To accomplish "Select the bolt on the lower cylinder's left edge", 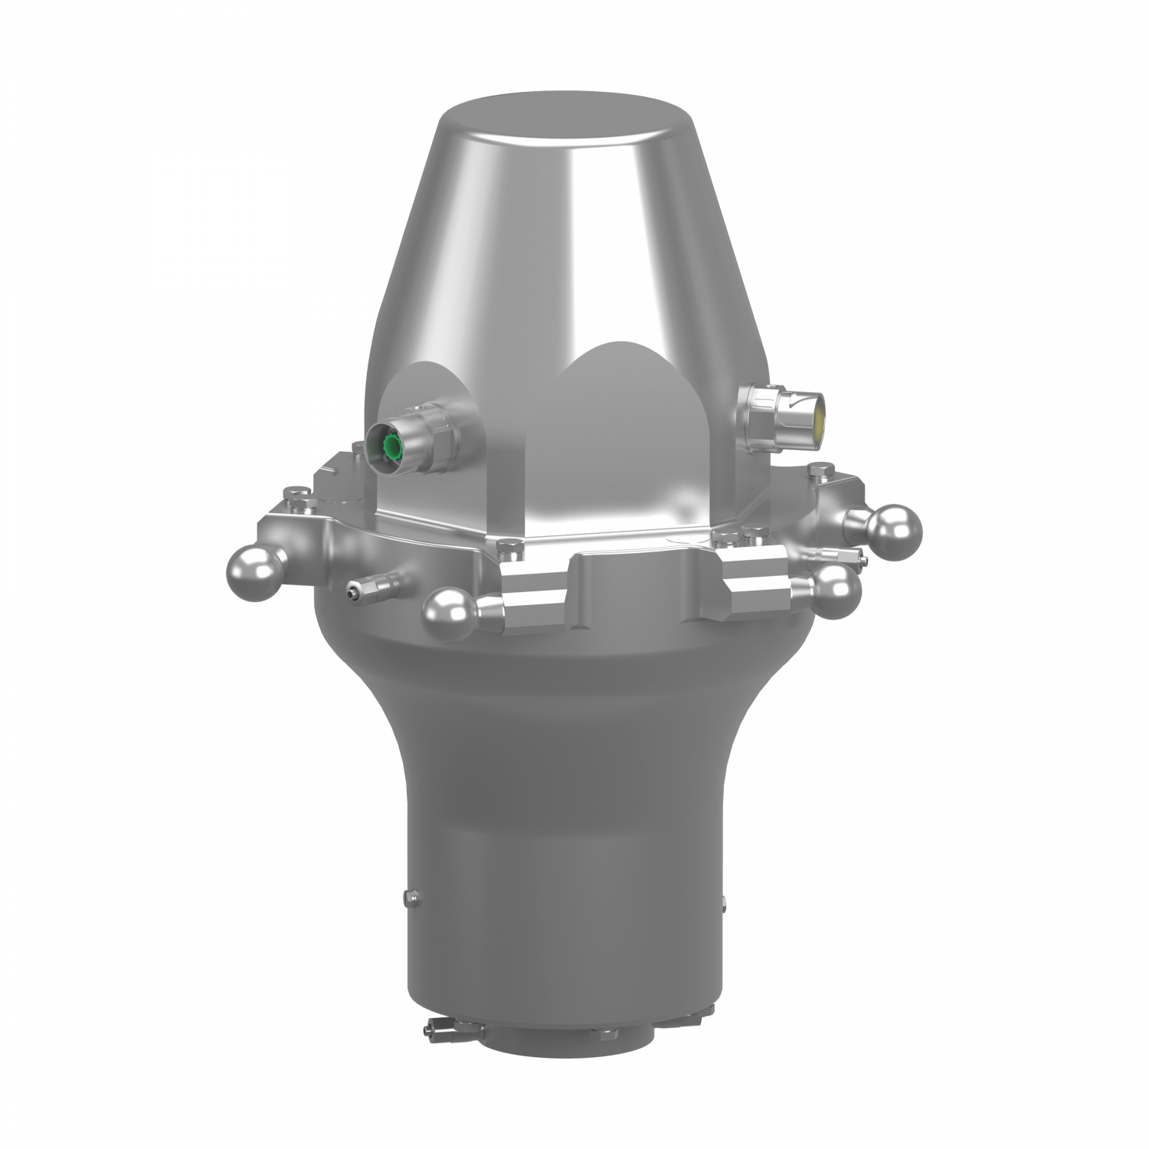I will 411,895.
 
